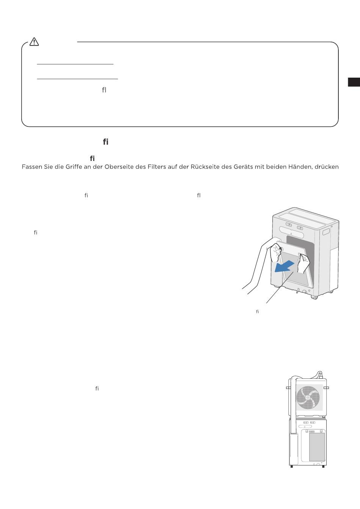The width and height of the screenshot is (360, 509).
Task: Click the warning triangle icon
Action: (x=34, y=42)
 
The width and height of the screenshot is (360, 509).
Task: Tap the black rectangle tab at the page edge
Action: (x=354, y=82)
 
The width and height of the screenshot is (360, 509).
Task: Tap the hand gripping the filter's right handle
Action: (x=304, y=263)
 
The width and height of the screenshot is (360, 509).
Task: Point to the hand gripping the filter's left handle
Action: (x=275, y=252)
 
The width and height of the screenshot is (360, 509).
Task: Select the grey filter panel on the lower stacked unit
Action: (x=317, y=447)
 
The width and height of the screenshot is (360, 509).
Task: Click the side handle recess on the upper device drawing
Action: (x=326, y=232)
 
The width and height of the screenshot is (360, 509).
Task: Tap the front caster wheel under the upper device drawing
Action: (x=314, y=297)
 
